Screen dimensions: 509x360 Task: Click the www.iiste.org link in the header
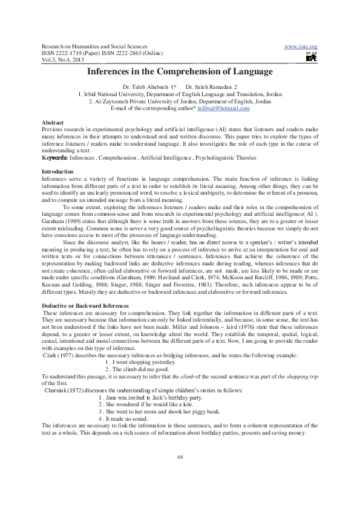pyautogui.click(x=301, y=47)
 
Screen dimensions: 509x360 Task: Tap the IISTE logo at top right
pyautogui.click(x=311, y=57)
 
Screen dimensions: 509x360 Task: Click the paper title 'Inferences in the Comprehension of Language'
pyautogui.click(x=180, y=71)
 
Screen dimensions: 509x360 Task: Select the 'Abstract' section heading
pyautogui.click(x=53, y=123)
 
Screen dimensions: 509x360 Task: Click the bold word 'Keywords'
pyautogui.click(x=54, y=158)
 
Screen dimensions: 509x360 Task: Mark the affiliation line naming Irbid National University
pyautogui.click(x=180, y=95)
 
